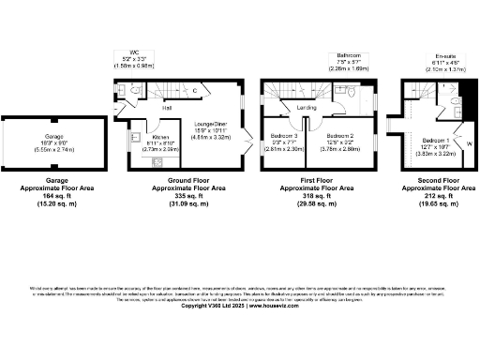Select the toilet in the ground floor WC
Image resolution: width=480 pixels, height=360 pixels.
135,90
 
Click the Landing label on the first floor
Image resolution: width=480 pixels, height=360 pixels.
306,108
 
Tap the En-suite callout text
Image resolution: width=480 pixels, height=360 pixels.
434,57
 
